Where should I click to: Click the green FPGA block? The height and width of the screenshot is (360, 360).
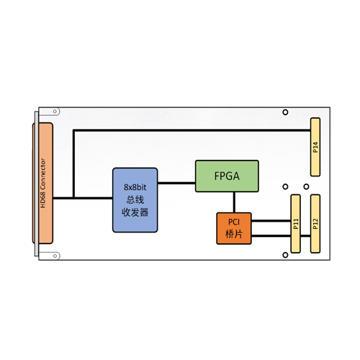[227, 176]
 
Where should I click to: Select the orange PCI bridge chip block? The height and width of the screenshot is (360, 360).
[234, 228]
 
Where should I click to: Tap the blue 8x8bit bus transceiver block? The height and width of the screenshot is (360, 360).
[135, 200]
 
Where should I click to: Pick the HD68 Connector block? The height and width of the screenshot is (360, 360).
[42, 183]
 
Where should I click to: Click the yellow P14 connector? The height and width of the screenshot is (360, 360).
[315, 147]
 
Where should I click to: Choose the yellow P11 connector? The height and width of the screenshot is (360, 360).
[295, 224]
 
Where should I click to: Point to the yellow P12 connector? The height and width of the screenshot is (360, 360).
[315, 224]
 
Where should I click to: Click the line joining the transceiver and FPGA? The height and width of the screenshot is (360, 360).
[176, 183]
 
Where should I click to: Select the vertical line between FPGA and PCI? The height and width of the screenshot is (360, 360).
[234, 202]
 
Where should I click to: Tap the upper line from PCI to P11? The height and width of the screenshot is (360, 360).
[271, 220]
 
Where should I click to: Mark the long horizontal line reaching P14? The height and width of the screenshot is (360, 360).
[192, 130]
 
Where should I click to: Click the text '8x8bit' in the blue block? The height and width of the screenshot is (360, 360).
[135, 187]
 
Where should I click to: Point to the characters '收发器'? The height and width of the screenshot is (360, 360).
[135, 212]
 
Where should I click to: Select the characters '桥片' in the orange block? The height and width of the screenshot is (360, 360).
[234, 234]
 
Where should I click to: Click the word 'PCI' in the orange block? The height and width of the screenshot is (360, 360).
[234, 222]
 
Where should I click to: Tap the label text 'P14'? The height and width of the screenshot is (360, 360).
[315, 147]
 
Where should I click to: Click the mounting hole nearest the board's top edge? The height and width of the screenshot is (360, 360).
[285, 112]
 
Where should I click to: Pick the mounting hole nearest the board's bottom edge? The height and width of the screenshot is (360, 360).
[285, 255]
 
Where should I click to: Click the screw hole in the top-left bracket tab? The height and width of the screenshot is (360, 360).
[55, 112]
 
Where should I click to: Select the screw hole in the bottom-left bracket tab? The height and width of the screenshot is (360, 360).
[55, 256]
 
